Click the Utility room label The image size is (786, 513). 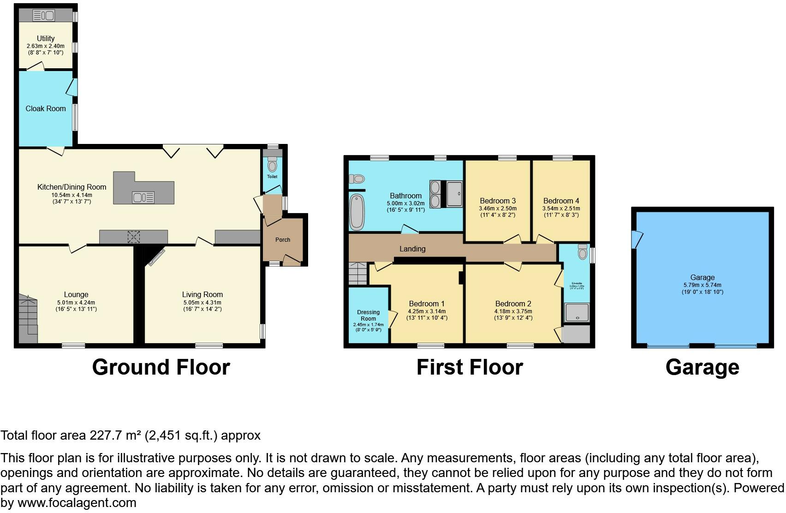point(46,38)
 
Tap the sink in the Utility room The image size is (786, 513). point(44,16)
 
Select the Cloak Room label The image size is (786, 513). point(46,108)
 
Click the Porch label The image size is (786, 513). point(283,239)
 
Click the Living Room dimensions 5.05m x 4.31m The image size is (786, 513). point(202,303)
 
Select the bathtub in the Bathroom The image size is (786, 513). point(357,212)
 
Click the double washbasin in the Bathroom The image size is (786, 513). point(435,194)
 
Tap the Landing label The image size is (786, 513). point(412,249)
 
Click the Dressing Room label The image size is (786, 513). point(368,315)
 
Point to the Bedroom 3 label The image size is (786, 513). point(498,201)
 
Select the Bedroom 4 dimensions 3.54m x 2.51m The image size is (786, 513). point(561,209)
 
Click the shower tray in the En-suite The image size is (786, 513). point(577,312)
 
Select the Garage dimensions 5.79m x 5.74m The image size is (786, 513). point(703,285)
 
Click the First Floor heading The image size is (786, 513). point(470,367)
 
